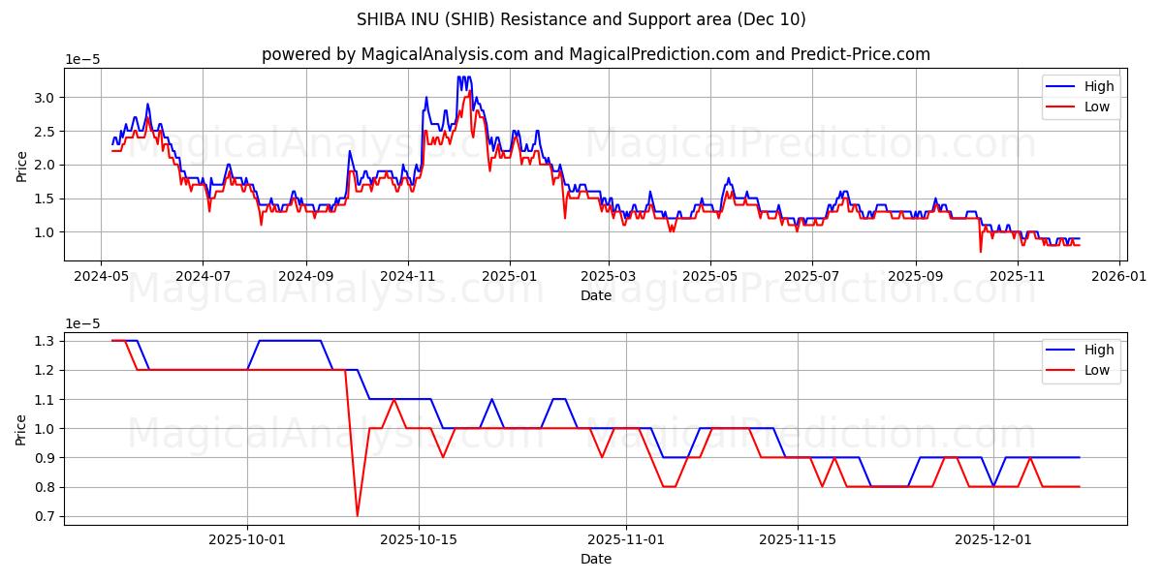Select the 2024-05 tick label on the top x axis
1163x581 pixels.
[x=101, y=275]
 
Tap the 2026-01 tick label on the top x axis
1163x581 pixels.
[x=1119, y=275]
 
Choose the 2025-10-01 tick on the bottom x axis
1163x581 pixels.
[x=247, y=538]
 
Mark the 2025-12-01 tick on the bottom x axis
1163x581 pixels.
[x=993, y=538]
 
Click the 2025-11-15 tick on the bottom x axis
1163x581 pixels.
[x=798, y=538]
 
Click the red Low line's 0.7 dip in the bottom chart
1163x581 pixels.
[x=357, y=515]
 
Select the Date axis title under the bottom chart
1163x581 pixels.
[x=595, y=559]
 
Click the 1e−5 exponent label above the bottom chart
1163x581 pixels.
[x=82, y=323]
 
